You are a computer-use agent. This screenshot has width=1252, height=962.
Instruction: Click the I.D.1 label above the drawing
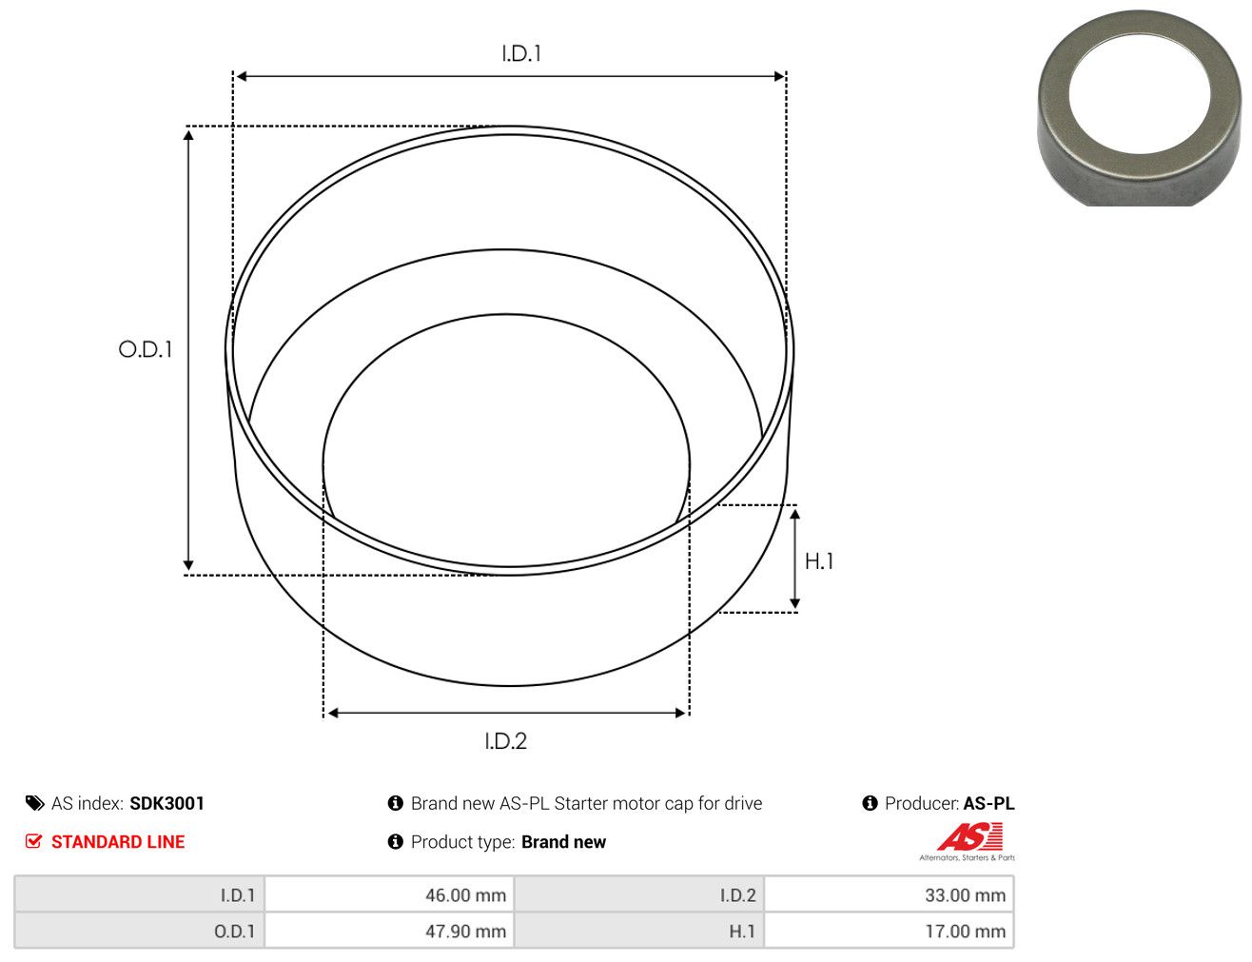pos(520,53)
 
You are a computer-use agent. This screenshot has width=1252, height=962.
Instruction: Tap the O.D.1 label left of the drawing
pos(146,349)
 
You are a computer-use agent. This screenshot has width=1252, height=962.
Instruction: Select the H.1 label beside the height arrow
pos(819,561)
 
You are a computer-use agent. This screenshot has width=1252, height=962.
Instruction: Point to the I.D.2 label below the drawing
pos(505,741)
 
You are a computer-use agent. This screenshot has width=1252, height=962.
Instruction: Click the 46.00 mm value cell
pos(389,894)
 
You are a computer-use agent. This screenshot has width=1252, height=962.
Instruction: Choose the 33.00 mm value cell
pos(889,894)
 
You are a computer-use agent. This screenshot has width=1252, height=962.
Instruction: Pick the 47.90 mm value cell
pos(389,931)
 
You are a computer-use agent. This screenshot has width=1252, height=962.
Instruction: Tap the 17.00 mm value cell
pos(889,931)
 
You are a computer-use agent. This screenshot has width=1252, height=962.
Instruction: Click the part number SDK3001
pos(167,803)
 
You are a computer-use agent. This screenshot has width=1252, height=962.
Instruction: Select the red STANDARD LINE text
pos(118,841)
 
